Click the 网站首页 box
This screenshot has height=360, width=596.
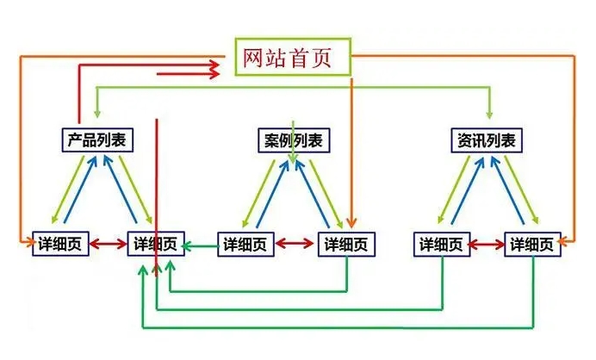293,57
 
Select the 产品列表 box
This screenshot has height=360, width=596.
97,140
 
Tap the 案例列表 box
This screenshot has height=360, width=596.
293,140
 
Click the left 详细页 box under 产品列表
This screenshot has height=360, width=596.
60,245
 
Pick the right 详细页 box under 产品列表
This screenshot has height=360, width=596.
156,245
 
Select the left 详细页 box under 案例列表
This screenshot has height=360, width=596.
245,245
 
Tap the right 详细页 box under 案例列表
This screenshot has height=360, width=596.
347,245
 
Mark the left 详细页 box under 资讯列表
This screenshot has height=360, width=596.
443,245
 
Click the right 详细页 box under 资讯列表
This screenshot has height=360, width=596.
534,245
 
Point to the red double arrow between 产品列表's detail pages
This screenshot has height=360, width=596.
108,245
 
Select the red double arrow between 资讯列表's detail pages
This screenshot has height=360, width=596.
488,245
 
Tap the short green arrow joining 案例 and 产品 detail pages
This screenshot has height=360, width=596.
201,245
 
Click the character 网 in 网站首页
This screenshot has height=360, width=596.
251,58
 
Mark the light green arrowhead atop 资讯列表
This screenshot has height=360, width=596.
490,114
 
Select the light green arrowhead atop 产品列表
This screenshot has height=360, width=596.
97,114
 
